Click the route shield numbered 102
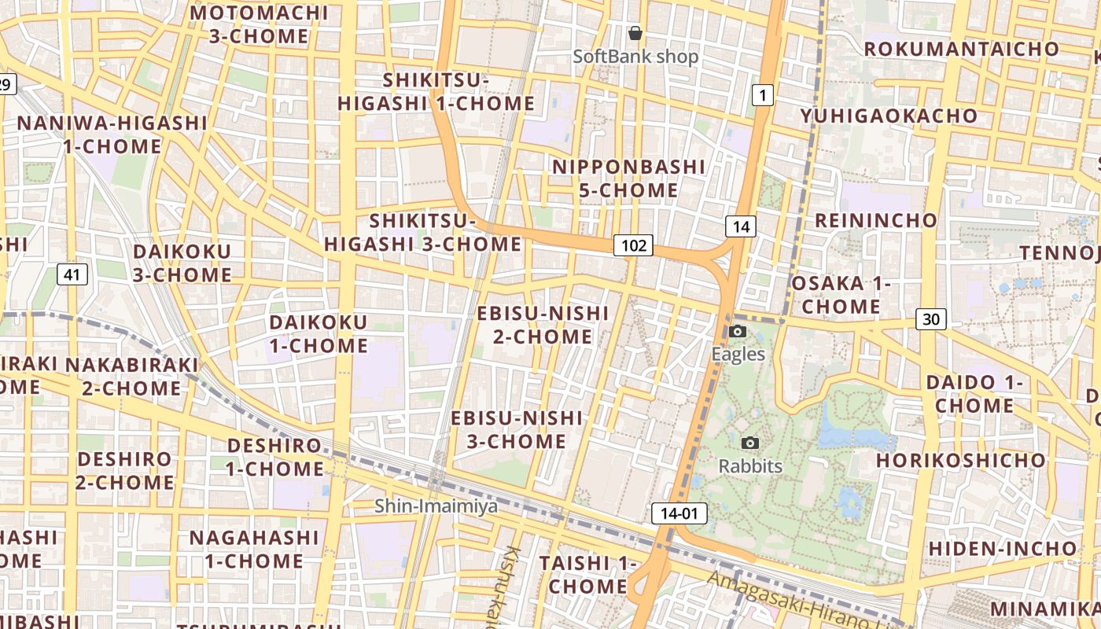pos(633,246)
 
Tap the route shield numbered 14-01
pos(679,514)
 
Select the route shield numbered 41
pos(72,274)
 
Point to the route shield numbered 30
pos(931,319)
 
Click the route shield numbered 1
pos(762,96)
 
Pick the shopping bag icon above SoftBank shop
pos(635,34)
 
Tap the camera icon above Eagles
pos(738,331)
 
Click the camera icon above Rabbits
pos(750,443)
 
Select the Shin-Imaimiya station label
pos(436,506)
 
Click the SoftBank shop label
pos(635,57)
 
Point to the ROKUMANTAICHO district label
pos(962,49)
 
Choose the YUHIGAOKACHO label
pos(889,116)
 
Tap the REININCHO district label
pos(876,220)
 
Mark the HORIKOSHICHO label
pos(961,459)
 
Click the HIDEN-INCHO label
pos(1003,548)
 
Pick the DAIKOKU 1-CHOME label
pos(319,334)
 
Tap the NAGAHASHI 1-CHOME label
pos(254,550)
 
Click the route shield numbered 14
pos(740,227)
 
